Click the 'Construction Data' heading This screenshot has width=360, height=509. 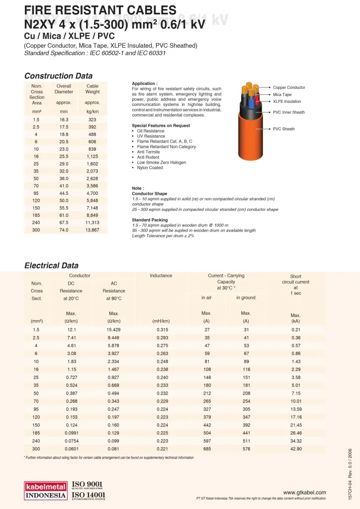pyautogui.click(x=58, y=76)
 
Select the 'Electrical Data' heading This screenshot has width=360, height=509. pyautogui.click(x=51, y=266)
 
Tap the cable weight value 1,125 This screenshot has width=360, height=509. pyautogui.click(x=92, y=157)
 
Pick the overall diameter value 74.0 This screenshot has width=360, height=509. pyautogui.click(x=64, y=230)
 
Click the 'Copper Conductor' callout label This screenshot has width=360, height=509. pyautogui.click(x=289, y=87)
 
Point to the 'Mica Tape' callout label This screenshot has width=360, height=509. pyautogui.click(x=282, y=94)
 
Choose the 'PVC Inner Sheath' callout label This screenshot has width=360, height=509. pyautogui.click(x=289, y=112)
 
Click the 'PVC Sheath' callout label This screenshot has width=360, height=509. pyautogui.click(x=283, y=129)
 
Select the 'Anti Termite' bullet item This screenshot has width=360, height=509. pyautogui.click(x=150, y=152)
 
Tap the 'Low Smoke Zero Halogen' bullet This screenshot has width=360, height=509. pyautogui.click(x=162, y=163)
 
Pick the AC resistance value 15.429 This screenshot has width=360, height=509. pyautogui.click(x=114, y=330)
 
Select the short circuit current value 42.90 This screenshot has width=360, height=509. pyautogui.click(x=295, y=449)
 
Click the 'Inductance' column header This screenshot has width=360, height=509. pyautogui.click(x=161, y=275)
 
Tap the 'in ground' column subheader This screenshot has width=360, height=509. pyautogui.click(x=246, y=298)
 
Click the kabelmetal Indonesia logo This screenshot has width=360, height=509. pyautogui.click(x=46, y=490)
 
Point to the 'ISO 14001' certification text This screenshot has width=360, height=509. pyautogui.click(x=89, y=495)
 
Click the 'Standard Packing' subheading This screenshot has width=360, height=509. pyautogui.click(x=150, y=220)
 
